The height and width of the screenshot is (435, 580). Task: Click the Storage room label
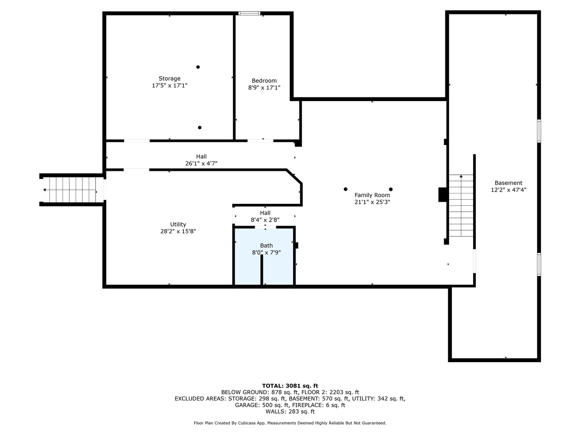pos(169,78)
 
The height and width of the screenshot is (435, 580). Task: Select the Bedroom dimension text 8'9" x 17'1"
pos(264,88)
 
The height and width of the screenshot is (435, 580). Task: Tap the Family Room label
pos(372,195)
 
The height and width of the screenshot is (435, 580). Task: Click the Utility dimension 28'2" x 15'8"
pos(178,231)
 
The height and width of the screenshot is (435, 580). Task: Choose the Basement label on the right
pos(508,183)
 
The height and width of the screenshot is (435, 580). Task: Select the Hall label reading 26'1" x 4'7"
pos(201,163)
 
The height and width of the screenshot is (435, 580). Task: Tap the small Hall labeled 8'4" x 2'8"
pos(265,220)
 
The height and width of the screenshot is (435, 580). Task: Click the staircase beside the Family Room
pos(461,206)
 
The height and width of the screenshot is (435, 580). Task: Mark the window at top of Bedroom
pos(250,14)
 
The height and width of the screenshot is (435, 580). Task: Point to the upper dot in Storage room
pos(198,67)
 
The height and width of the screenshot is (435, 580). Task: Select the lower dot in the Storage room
pos(200,128)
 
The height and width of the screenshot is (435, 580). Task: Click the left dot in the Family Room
pos(345,189)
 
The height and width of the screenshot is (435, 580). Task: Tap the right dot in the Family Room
pos(391,189)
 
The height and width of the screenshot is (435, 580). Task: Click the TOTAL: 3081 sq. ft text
pos(290,386)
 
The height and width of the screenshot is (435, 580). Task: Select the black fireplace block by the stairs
pos(443,194)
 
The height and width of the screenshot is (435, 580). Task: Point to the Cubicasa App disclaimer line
pos(290,423)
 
